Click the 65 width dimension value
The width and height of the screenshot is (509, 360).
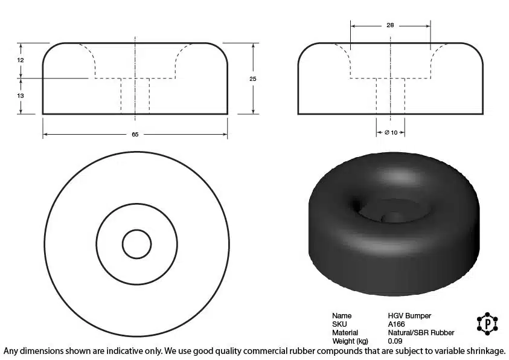[x=135, y=134]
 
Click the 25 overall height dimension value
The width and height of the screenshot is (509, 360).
[x=253, y=79]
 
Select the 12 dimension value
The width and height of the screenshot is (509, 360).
[x=21, y=60]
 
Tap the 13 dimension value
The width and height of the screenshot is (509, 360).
[x=21, y=96]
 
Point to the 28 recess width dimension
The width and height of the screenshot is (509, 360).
[x=390, y=25]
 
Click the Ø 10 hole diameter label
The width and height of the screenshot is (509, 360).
[x=391, y=132]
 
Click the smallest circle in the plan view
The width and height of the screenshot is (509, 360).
[x=136, y=230]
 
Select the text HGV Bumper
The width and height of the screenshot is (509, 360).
[x=409, y=316]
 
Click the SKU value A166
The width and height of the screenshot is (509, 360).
[x=396, y=324]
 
